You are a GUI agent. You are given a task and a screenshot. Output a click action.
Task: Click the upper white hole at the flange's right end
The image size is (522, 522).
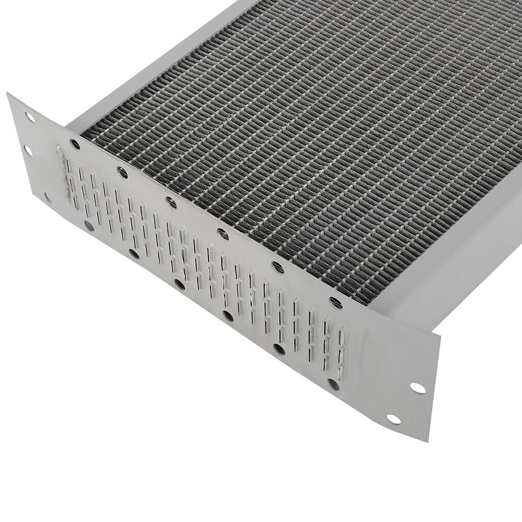(418, 388)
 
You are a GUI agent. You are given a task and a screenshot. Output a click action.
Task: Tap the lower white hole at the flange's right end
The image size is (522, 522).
(393, 419)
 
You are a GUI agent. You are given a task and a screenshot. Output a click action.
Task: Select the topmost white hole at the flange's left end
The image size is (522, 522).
(30, 117)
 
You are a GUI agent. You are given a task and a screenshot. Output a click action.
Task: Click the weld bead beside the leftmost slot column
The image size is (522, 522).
(61, 166)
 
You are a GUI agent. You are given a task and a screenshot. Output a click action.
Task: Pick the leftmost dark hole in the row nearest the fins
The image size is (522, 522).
(75, 144)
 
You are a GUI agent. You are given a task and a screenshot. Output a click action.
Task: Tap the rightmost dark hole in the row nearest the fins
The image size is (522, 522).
(335, 303)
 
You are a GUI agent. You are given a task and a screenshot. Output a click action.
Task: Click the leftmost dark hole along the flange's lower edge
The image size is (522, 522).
(89, 225)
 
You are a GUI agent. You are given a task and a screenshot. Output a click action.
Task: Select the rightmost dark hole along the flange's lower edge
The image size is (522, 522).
(333, 384)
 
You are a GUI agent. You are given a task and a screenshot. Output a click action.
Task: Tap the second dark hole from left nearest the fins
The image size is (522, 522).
(122, 172)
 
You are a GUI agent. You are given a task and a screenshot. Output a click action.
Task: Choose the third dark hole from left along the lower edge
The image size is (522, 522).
(179, 284)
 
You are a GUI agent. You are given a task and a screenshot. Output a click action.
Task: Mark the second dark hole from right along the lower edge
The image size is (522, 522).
(279, 349)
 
